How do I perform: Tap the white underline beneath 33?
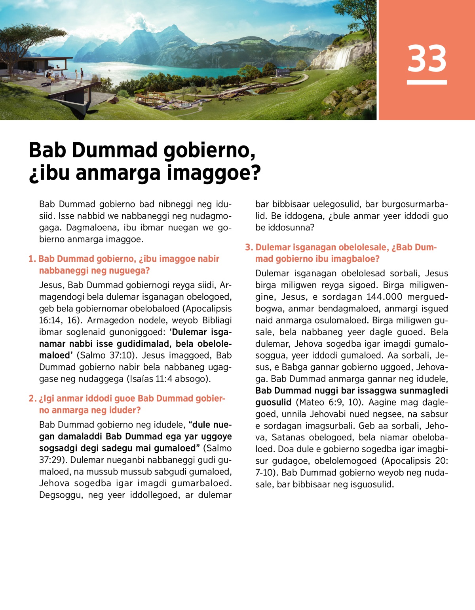427,82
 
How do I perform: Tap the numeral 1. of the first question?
32,259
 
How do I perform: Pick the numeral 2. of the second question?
32,398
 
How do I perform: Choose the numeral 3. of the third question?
249,247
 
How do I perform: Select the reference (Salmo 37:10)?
104,355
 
